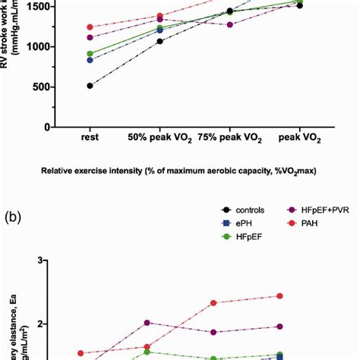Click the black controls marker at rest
coord(90,86)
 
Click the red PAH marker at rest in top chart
coord(90,27)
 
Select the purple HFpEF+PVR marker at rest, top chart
coord(90,37)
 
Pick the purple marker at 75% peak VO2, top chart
coord(229,24)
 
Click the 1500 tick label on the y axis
coord(36,7)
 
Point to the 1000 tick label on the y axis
coord(36,47)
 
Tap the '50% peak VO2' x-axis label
coord(160,139)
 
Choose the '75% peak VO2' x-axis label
coord(229,139)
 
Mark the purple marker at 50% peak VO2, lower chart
coord(147,323)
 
